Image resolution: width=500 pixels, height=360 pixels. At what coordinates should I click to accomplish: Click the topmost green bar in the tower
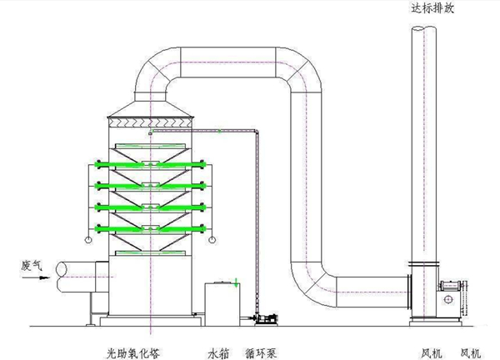[151, 163]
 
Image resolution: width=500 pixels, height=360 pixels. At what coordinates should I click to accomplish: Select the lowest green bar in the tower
[151, 227]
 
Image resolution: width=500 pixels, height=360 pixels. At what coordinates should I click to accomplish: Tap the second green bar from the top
[151, 185]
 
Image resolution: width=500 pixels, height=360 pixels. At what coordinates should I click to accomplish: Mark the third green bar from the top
[151, 206]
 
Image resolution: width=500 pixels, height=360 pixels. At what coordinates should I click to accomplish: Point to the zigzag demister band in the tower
[150, 122]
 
